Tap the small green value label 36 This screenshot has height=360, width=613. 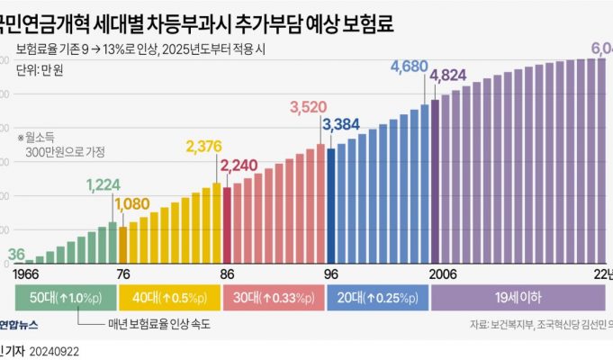point(17,255)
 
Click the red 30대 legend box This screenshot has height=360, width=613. point(273,298)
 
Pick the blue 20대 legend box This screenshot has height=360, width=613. point(376,298)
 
